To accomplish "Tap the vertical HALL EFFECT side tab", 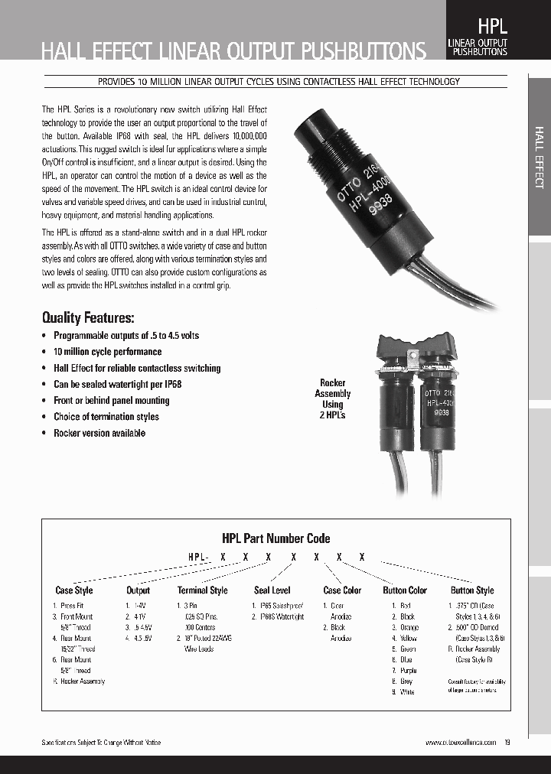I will [x=539, y=158].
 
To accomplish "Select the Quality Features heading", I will [x=88, y=318].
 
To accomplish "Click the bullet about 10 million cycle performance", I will [x=107, y=352].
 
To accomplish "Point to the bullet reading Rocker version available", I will [x=99, y=433].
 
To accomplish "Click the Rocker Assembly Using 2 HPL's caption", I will [x=332, y=398].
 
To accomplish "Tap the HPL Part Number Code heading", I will [x=275, y=538].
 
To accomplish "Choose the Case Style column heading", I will [x=74, y=590].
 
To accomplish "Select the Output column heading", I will [x=139, y=590].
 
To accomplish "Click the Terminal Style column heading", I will [x=203, y=590].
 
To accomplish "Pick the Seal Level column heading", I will [x=272, y=590].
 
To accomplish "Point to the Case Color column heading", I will [x=342, y=590].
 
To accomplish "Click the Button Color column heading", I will [x=405, y=590].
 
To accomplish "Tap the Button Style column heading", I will [x=472, y=590].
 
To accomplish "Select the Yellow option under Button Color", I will [x=408, y=638].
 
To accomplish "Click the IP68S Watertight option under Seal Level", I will [x=281, y=616].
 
